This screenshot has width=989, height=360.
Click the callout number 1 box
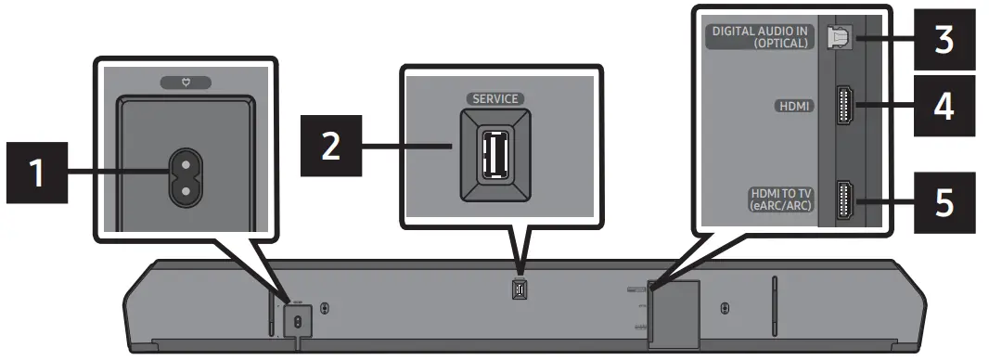(x=38, y=172)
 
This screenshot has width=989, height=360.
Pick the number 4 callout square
(x=944, y=107)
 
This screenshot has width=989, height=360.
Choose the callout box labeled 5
(x=944, y=202)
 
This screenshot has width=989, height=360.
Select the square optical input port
(x=838, y=38)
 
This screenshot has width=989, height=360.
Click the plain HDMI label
(x=793, y=107)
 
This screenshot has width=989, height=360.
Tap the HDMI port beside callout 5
(x=845, y=200)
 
